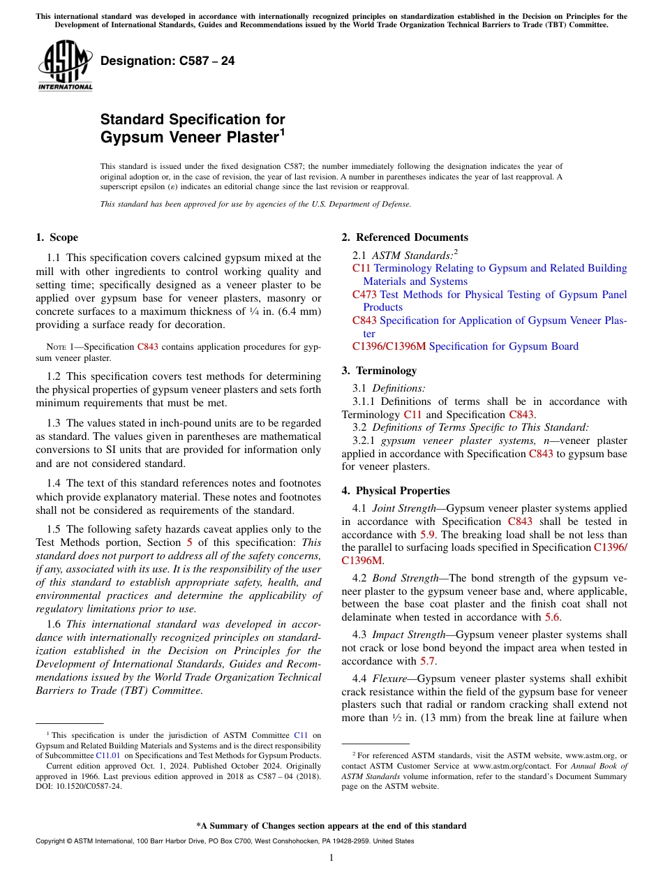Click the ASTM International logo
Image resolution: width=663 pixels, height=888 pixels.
click(x=65, y=66)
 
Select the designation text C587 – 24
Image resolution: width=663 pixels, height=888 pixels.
click(x=167, y=61)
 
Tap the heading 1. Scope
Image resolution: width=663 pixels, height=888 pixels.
click(x=57, y=237)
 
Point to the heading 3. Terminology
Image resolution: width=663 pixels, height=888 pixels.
click(x=384, y=371)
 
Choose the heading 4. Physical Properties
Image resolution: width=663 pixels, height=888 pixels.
click(x=396, y=491)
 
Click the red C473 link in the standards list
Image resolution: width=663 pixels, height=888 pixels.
click(x=364, y=295)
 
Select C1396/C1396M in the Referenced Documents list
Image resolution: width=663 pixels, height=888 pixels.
click(x=389, y=346)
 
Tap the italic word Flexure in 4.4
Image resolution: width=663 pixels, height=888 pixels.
click(x=389, y=679)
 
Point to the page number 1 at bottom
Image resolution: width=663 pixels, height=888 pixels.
click(x=331, y=858)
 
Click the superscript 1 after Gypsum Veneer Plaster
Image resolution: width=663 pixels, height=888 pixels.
click(x=282, y=131)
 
